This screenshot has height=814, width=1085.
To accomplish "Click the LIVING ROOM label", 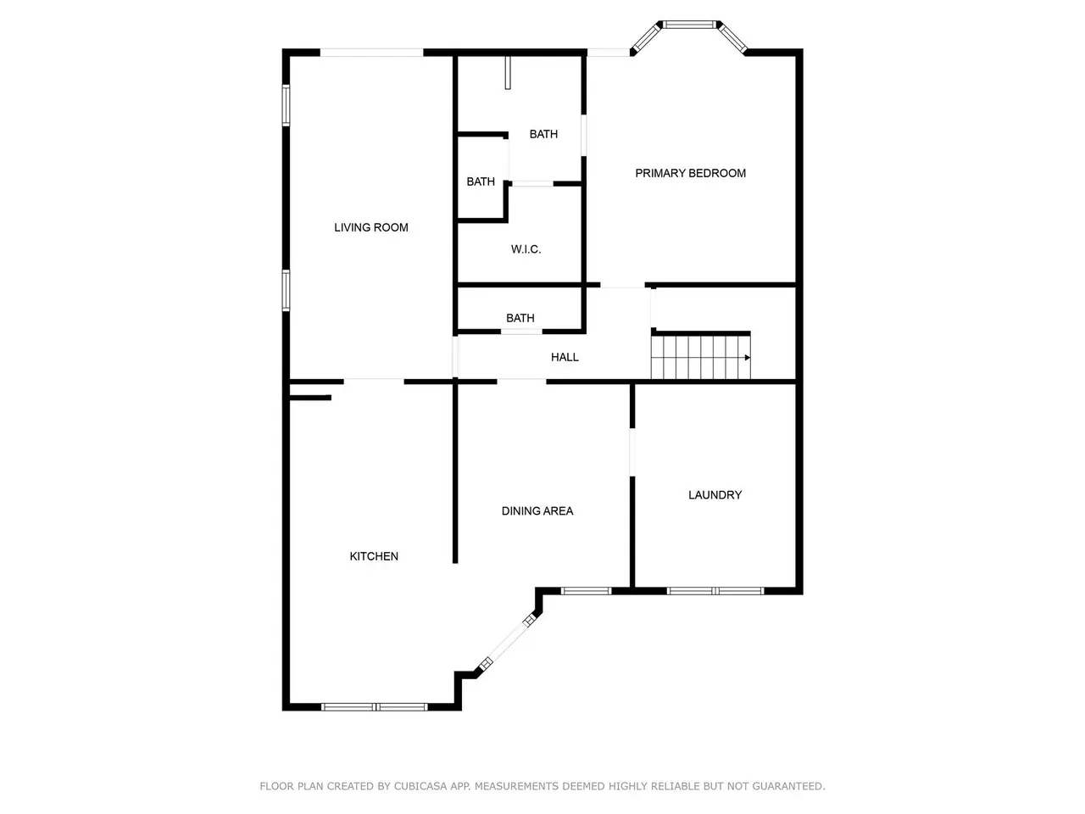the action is coord(370,227).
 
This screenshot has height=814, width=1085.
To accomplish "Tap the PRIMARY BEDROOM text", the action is coord(690,173).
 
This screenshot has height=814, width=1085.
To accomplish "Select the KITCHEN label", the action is coord(374,556).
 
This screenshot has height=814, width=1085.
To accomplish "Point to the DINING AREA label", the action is coord(537,510).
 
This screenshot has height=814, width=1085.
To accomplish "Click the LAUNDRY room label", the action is coord(715,494).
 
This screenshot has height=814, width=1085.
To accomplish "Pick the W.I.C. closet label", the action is coord(526,249).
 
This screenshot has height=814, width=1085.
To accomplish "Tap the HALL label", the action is coord(565,357).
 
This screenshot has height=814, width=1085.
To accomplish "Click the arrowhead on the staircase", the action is coord(748,357).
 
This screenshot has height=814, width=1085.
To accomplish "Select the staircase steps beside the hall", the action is coord(700,357).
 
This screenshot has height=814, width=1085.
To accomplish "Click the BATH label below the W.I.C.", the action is coord(520,318).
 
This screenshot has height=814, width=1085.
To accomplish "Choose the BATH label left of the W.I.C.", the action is coord(481,181).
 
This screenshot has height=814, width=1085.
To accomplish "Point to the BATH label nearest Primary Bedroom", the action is coord(543,134).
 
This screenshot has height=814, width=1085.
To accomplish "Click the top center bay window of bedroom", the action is coord(689,25).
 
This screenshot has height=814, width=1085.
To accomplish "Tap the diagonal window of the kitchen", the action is coord(508,642).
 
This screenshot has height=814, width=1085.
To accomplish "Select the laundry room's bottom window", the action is coord(715,591).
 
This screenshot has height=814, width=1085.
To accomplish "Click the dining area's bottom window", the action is coord(586,591).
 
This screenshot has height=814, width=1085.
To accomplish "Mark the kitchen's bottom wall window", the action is coord(374,707).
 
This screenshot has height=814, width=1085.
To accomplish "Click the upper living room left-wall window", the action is coord(286,105).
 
